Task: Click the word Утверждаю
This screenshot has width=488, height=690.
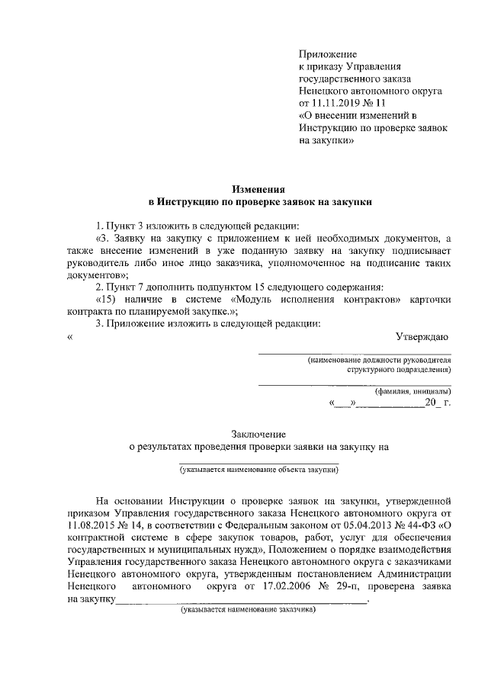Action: click(x=422, y=336)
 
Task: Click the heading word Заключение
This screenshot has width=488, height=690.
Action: click(x=259, y=434)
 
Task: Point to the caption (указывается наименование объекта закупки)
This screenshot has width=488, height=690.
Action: click(x=259, y=471)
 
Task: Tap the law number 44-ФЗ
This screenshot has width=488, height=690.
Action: click(x=422, y=526)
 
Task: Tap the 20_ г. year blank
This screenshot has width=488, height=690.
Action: click(x=438, y=402)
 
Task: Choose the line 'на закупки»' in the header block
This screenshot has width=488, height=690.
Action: click(x=326, y=140)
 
